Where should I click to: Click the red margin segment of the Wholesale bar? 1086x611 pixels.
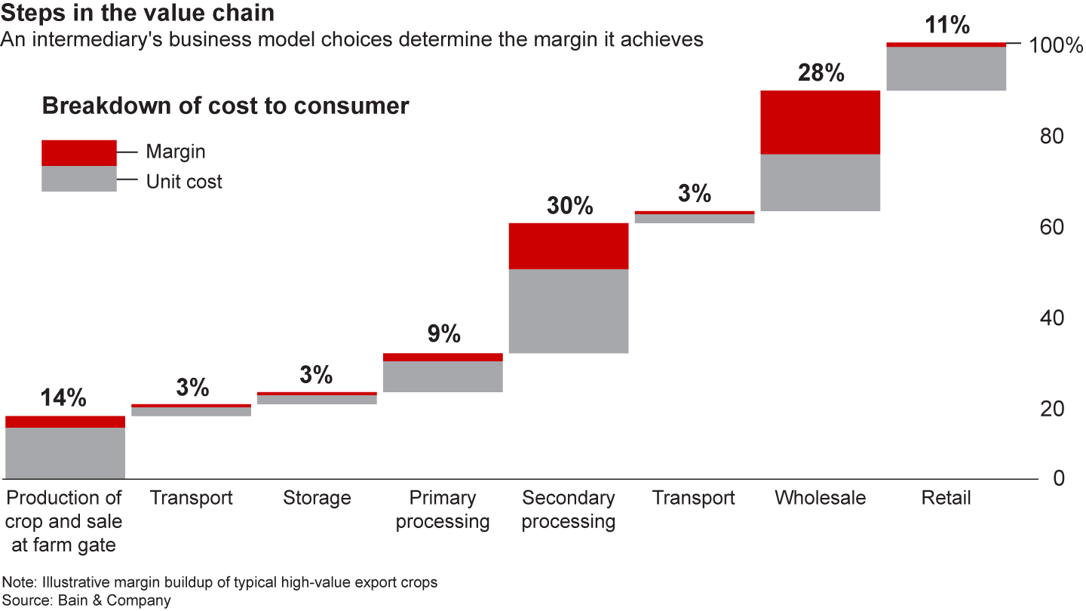click(x=821, y=122)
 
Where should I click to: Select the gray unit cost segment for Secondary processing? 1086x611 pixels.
click(x=569, y=311)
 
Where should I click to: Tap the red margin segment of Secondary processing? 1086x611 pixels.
click(x=569, y=246)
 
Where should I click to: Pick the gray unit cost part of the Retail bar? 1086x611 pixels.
click(x=946, y=69)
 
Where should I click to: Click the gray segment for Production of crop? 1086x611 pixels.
click(x=65, y=453)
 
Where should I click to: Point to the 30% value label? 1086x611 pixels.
click(x=569, y=206)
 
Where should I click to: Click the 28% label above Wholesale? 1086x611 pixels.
click(x=821, y=73)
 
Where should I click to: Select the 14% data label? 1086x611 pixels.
click(x=65, y=398)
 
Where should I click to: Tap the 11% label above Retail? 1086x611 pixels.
click(x=946, y=26)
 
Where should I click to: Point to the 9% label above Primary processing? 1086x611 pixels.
click(x=443, y=334)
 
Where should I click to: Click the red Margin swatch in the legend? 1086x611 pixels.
click(x=79, y=152)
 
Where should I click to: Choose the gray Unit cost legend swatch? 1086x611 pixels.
click(x=79, y=179)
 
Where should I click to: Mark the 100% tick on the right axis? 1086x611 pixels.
click(x=1055, y=45)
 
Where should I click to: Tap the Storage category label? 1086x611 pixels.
click(x=317, y=498)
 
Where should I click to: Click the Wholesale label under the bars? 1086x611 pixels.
click(x=821, y=498)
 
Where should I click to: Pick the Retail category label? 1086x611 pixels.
click(x=946, y=498)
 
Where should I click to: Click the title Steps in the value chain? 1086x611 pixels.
click(x=137, y=13)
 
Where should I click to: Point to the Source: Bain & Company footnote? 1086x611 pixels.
click(x=87, y=600)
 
